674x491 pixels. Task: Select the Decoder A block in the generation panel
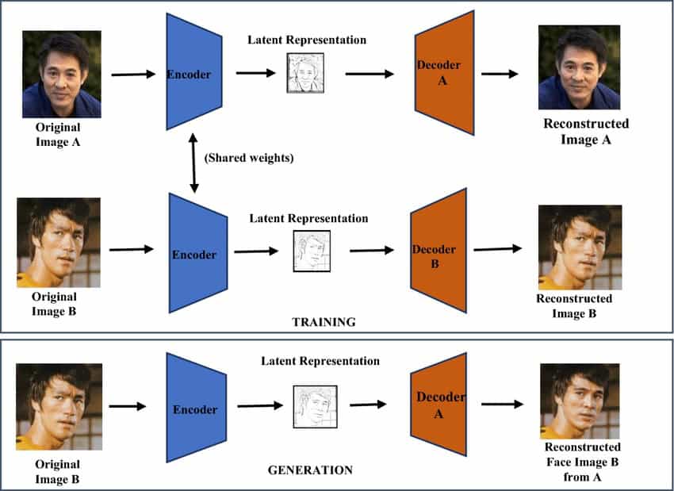click(x=439, y=405)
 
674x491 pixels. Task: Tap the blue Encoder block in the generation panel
click(x=195, y=409)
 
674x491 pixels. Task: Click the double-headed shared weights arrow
click(x=193, y=163)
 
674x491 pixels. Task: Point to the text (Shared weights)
click(x=249, y=158)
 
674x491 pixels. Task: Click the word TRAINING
click(x=324, y=322)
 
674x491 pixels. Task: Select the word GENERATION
click(x=310, y=470)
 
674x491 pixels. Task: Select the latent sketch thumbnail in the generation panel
click(x=311, y=407)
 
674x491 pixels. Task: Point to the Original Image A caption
click(x=57, y=134)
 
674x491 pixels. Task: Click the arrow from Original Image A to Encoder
click(x=133, y=75)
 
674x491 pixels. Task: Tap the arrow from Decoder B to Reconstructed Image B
click(x=497, y=248)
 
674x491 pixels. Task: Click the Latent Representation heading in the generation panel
click(x=320, y=361)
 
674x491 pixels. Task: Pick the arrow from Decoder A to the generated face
click(x=502, y=404)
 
